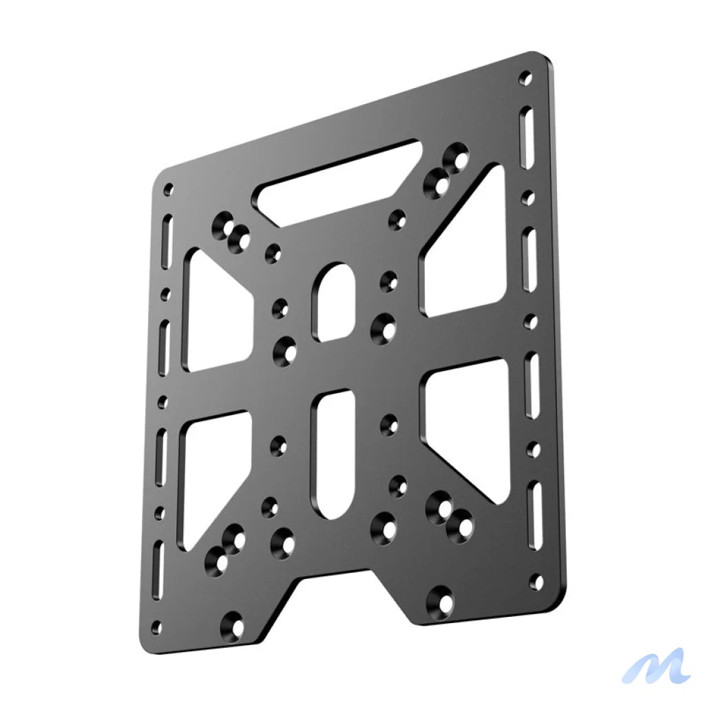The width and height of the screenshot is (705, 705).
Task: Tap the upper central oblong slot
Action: [334, 302]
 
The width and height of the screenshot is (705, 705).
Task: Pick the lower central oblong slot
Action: [334, 454]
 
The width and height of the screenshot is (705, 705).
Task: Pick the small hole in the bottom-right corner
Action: [535, 582]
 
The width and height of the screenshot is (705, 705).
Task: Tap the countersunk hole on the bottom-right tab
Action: [442, 602]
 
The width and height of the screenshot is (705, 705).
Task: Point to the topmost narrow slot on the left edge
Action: [167, 241]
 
